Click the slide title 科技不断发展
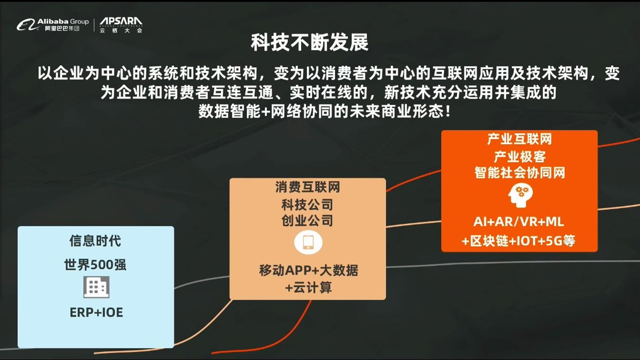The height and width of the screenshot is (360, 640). [309, 42]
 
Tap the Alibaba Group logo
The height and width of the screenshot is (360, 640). [52, 24]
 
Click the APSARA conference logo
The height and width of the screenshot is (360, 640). [121, 25]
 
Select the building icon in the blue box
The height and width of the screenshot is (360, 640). [96, 287]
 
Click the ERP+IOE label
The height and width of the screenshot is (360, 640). [96, 312]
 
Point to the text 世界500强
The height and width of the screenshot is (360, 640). [95, 264]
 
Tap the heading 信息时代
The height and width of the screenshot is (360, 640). [95, 240]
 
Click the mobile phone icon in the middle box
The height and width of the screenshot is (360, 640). [308, 242]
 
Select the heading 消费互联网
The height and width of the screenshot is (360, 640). [307, 187]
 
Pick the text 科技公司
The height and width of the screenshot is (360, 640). [307, 204]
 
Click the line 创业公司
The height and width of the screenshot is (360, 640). [307, 220]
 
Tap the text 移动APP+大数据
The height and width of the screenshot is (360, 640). [308, 270]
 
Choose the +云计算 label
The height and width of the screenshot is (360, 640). [308, 287]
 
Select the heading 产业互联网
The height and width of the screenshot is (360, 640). [519, 139]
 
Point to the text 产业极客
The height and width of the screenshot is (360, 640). [519, 156]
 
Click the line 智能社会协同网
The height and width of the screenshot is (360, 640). [519, 172]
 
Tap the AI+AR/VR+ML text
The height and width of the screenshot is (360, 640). [518, 221]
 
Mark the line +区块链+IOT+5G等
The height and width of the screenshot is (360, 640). [518, 241]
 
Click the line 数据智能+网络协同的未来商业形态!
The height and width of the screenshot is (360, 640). [324, 111]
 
